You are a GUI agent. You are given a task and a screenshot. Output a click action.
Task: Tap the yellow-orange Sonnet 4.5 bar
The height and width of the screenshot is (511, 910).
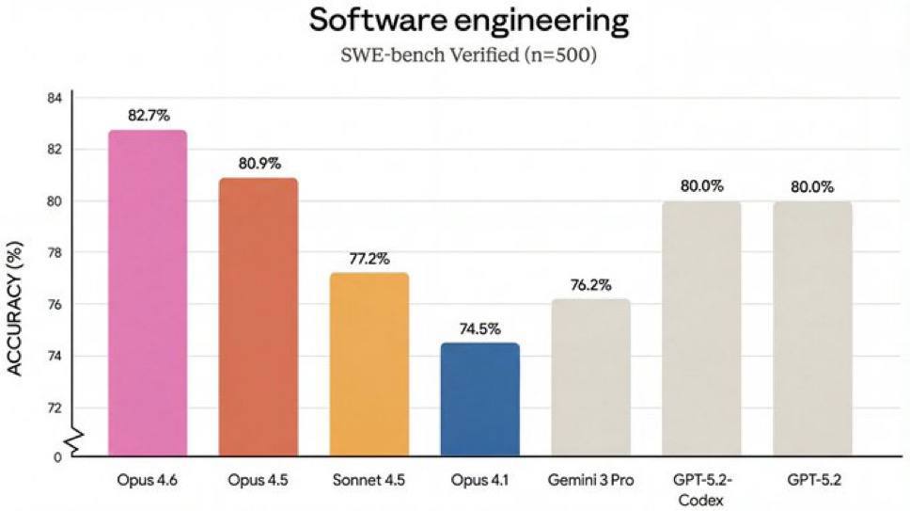[369, 364]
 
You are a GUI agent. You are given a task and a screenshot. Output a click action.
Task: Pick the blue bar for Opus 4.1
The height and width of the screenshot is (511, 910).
[479, 399]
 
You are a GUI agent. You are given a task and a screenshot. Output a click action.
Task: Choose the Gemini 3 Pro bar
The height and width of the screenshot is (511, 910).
[590, 376]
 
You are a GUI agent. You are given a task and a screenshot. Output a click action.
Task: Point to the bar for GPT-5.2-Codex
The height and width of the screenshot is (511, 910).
[701, 328]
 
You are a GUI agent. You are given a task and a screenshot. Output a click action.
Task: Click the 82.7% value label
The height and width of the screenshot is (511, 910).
[149, 116]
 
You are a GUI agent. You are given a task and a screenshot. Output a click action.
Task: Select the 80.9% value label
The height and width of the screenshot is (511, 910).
[259, 163]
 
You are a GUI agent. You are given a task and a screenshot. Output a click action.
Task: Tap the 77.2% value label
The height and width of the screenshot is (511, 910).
[369, 258]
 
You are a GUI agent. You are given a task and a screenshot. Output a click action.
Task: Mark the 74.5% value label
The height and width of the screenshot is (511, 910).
[480, 328]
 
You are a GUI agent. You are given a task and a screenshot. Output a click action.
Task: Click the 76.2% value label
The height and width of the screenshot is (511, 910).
[591, 283]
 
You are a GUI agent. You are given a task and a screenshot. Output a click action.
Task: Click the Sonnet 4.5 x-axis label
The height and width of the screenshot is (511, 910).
[369, 480]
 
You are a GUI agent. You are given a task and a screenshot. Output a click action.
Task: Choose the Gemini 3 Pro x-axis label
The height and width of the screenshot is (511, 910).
[591, 480]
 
